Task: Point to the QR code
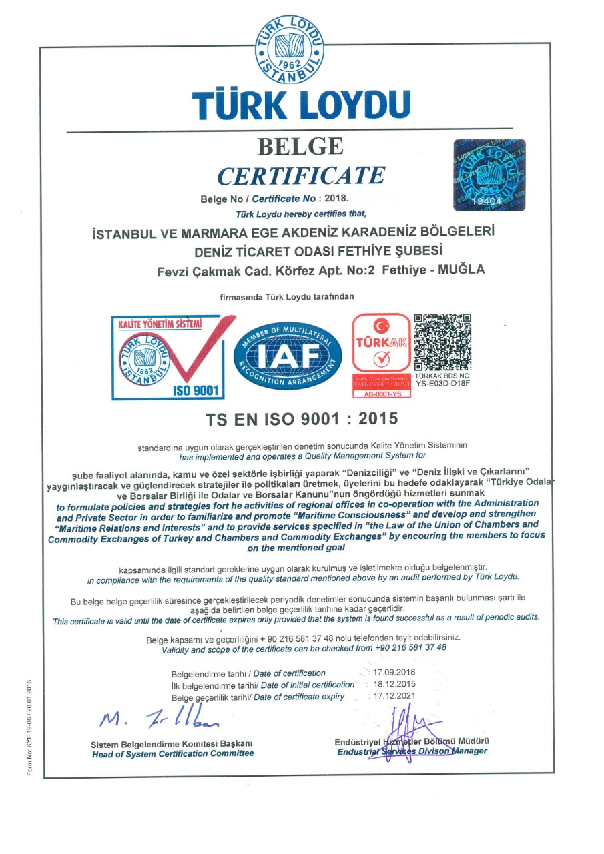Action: click(x=443, y=342)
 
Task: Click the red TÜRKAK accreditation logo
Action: click(x=381, y=344)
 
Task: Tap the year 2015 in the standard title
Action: click(x=378, y=419)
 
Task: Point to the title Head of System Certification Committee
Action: click(x=173, y=753)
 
